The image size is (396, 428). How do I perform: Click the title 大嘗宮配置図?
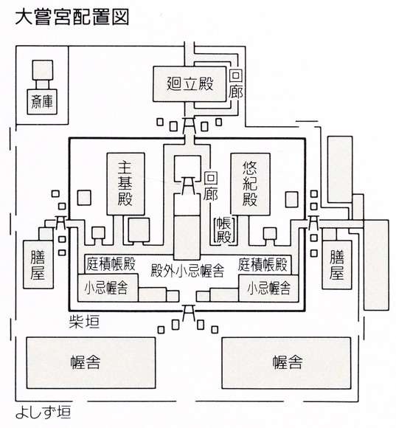click(x=72, y=18)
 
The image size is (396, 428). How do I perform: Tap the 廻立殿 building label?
click(x=190, y=83)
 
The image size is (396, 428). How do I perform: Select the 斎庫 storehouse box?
click(x=42, y=102)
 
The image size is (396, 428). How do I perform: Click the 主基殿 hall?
click(x=125, y=184)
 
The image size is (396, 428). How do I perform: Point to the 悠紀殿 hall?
click(x=251, y=183)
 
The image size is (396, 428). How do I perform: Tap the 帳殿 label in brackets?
click(x=223, y=230)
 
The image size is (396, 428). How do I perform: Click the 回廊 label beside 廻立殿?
click(x=236, y=84)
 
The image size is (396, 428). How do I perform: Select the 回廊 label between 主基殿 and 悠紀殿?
click(x=211, y=186)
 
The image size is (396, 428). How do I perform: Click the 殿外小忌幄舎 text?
click(x=187, y=271)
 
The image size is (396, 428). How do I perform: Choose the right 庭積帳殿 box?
click(x=264, y=264)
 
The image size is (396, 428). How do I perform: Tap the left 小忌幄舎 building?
click(x=108, y=288)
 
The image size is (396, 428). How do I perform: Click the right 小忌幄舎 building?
click(x=268, y=289)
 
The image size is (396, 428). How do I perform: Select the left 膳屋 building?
click(x=38, y=264)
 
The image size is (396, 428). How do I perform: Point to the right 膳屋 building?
click(x=337, y=265)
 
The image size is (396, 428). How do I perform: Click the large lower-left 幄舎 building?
click(x=91, y=363)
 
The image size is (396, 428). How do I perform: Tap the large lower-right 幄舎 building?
click(x=286, y=363)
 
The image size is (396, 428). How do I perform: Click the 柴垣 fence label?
click(x=84, y=322)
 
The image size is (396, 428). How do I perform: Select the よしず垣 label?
click(x=44, y=413)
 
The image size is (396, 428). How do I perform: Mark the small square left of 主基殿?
click(x=84, y=198)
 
